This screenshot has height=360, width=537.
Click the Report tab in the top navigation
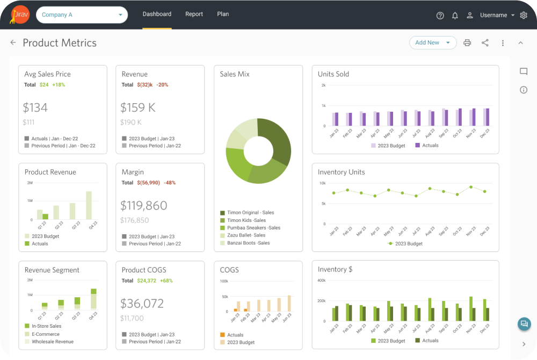coord(194,14)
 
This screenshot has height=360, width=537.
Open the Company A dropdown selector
coord(82,15)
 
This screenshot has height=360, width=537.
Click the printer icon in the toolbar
coord(467,43)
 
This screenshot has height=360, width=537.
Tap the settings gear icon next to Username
coord(524,15)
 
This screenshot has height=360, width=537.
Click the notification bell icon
coord(455,16)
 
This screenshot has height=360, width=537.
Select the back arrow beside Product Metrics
coord(13,42)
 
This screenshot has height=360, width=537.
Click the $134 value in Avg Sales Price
coord(36,107)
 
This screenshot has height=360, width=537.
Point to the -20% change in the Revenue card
coord(163,85)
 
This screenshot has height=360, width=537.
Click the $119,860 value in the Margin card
coord(144,206)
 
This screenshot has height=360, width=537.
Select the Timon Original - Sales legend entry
coord(250,213)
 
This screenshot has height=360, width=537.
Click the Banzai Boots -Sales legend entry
coord(248,243)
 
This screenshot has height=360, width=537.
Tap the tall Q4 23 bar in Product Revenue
coord(89,205)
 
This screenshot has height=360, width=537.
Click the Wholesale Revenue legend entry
coord(52,342)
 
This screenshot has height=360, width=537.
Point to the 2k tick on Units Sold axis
coord(323,85)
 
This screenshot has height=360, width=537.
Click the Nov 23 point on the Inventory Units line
coord(471,187)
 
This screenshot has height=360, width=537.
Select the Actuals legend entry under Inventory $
coord(430,341)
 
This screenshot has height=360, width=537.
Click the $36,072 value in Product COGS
coord(142,304)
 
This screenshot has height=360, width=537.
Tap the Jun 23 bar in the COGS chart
coord(289,304)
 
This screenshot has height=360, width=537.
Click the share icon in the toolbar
coord(485,43)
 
